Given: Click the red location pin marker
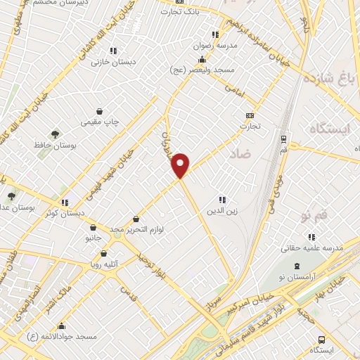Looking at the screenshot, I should [181, 165].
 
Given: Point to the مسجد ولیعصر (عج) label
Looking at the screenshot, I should [197, 70].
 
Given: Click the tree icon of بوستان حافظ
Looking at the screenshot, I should [54, 134].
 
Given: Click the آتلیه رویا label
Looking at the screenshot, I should [106, 265].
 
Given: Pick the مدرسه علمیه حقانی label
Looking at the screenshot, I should [311, 248].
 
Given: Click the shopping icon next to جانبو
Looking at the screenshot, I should [93, 228].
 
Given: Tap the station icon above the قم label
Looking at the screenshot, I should [283, 139].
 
